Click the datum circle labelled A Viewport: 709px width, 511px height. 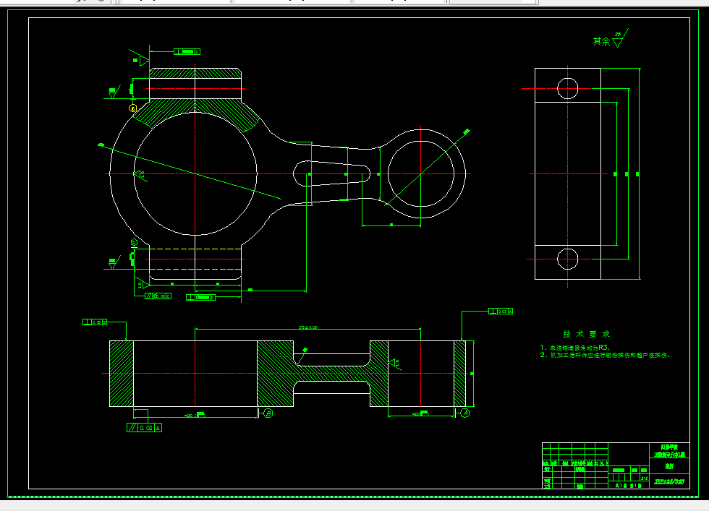tap(465, 413)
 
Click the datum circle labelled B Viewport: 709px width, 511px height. tap(268, 413)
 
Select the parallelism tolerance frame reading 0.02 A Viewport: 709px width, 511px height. tap(145, 427)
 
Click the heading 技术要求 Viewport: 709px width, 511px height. tap(586, 335)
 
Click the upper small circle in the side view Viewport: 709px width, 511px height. tap(568, 88)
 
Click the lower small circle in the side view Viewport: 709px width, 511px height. tap(568, 259)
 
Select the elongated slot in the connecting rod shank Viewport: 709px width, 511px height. tap(332, 173)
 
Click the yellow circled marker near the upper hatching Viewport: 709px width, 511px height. tap(133, 108)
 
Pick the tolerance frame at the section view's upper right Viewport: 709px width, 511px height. tap(501, 312)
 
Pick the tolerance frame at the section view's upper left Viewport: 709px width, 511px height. tap(96, 322)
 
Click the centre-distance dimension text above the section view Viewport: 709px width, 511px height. tap(307, 327)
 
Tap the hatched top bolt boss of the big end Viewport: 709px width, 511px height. tap(195, 74)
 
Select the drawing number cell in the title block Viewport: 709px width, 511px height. tap(668, 481)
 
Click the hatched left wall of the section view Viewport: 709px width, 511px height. tap(121, 374)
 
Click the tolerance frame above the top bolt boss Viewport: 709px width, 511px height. tap(187, 52)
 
